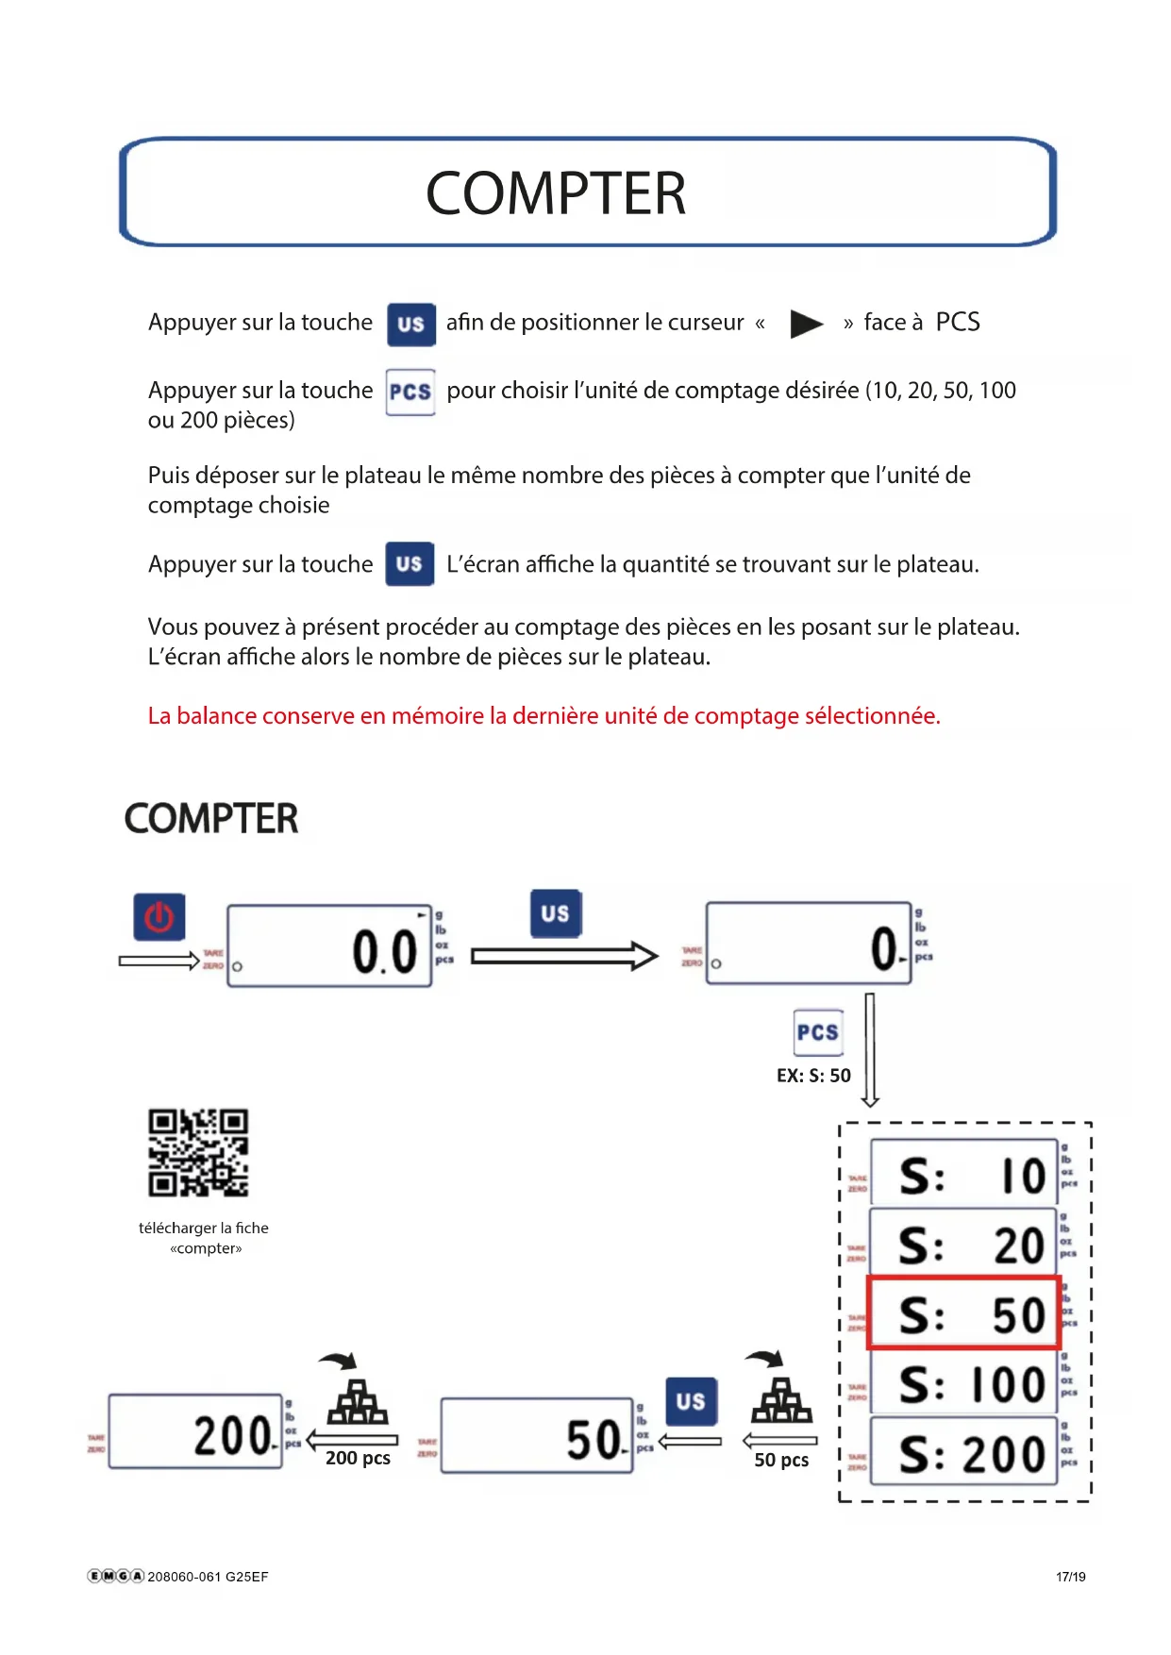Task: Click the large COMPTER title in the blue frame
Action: pyautogui.click(x=556, y=193)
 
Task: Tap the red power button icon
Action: pyautogui.click(x=159, y=917)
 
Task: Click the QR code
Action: pyautogui.click(x=198, y=1152)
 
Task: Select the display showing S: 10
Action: pyautogui.click(x=962, y=1174)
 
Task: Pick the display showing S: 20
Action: pyautogui.click(x=962, y=1244)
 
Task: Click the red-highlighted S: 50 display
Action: pyautogui.click(x=963, y=1313)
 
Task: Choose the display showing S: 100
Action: pyautogui.click(x=962, y=1384)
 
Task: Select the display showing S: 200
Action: pyautogui.click(x=962, y=1453)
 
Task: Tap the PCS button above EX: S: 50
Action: pyautogui.click(x=817, y=1032)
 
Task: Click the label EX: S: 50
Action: pyautogui.click(x=813, y=1076)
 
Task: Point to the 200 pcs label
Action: pyautogui.click(x=358, y=1458)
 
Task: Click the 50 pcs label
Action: pyautogui.click(x=781, y=1460)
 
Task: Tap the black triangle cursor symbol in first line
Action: pyautogui.click(x=806, y=324)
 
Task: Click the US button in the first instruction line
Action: pyautogui.click(x=410, y=324)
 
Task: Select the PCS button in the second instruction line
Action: pyautogui.click(x=410, y=392)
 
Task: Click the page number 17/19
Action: pyautogui.click(x=1070, y=1577)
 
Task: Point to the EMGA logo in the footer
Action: pyautogui.click(x=115, y=1576)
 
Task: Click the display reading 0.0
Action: pyautogui.click(x=329, y=946)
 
